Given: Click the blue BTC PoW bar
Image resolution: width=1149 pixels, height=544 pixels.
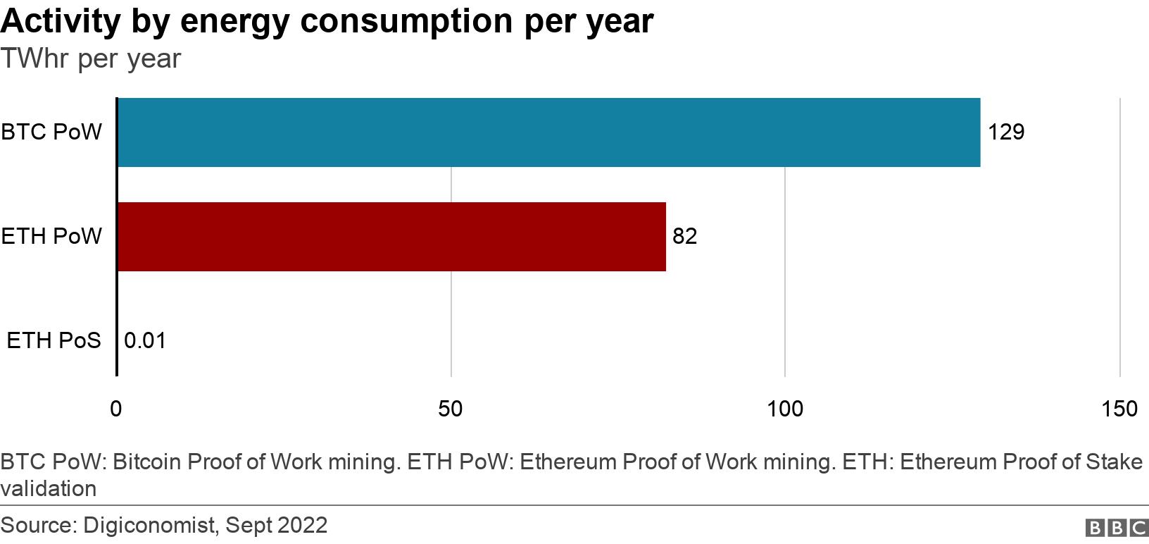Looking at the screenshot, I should [548, 132].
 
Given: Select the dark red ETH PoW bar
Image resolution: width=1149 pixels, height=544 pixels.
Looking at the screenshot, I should [391, 237].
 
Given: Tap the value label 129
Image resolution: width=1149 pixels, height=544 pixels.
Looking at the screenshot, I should [1005, 132].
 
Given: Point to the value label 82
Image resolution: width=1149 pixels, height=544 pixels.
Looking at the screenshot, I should [684, 236].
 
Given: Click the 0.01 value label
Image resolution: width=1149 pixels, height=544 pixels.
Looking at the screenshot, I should [145, 341].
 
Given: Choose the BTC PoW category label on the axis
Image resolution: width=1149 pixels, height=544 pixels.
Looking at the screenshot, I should [51, 132].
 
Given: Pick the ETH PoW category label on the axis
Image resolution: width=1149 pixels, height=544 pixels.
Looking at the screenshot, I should [51, 236].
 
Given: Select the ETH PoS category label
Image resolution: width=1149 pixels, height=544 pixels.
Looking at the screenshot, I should [54, 341].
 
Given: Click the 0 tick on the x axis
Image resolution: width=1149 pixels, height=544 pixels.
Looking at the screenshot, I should [116, 409].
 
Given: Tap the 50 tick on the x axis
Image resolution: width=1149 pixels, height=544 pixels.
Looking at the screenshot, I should [451, 409].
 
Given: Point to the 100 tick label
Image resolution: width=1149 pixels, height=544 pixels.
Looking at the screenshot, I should [785, 409].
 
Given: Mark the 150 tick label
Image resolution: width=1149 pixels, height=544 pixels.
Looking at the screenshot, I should [1119, 409].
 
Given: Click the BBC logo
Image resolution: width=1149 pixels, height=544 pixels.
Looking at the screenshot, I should [1117, 528].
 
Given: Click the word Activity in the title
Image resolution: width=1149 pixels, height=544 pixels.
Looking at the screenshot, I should [61, 22].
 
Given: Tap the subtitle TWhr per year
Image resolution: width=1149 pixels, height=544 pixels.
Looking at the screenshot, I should [91, 59].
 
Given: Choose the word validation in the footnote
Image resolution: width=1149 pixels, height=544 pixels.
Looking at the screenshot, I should [49, 488].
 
